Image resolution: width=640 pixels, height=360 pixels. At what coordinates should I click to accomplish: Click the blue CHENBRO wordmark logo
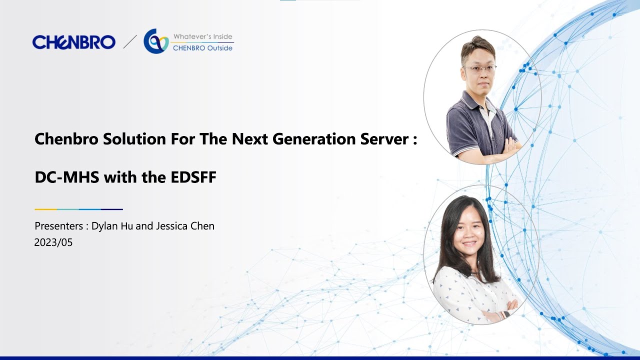pyautogui.click(x=73, y=42)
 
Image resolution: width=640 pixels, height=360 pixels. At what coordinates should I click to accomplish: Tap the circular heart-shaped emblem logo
pyautogui.click(x=155, y=41)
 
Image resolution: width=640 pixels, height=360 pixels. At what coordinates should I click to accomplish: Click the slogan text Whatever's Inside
pyautogui.click(x=202, y=36)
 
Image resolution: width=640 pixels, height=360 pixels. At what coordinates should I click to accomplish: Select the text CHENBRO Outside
pyautogui.click(x=202, y=48)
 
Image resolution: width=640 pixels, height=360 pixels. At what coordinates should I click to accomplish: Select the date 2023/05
pyautogui.click(x=53, y=242)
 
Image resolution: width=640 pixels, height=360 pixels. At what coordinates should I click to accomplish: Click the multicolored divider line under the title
pyautogui.click(x=78, y=209)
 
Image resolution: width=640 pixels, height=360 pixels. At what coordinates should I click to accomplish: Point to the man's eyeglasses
pyautogui.click(x=480, y=68)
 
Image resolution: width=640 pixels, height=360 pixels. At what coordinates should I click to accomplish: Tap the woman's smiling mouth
pyautogui.click(x=469, y=244)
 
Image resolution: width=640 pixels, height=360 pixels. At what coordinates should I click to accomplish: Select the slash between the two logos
pyautogui.click(x=130, y=41)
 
